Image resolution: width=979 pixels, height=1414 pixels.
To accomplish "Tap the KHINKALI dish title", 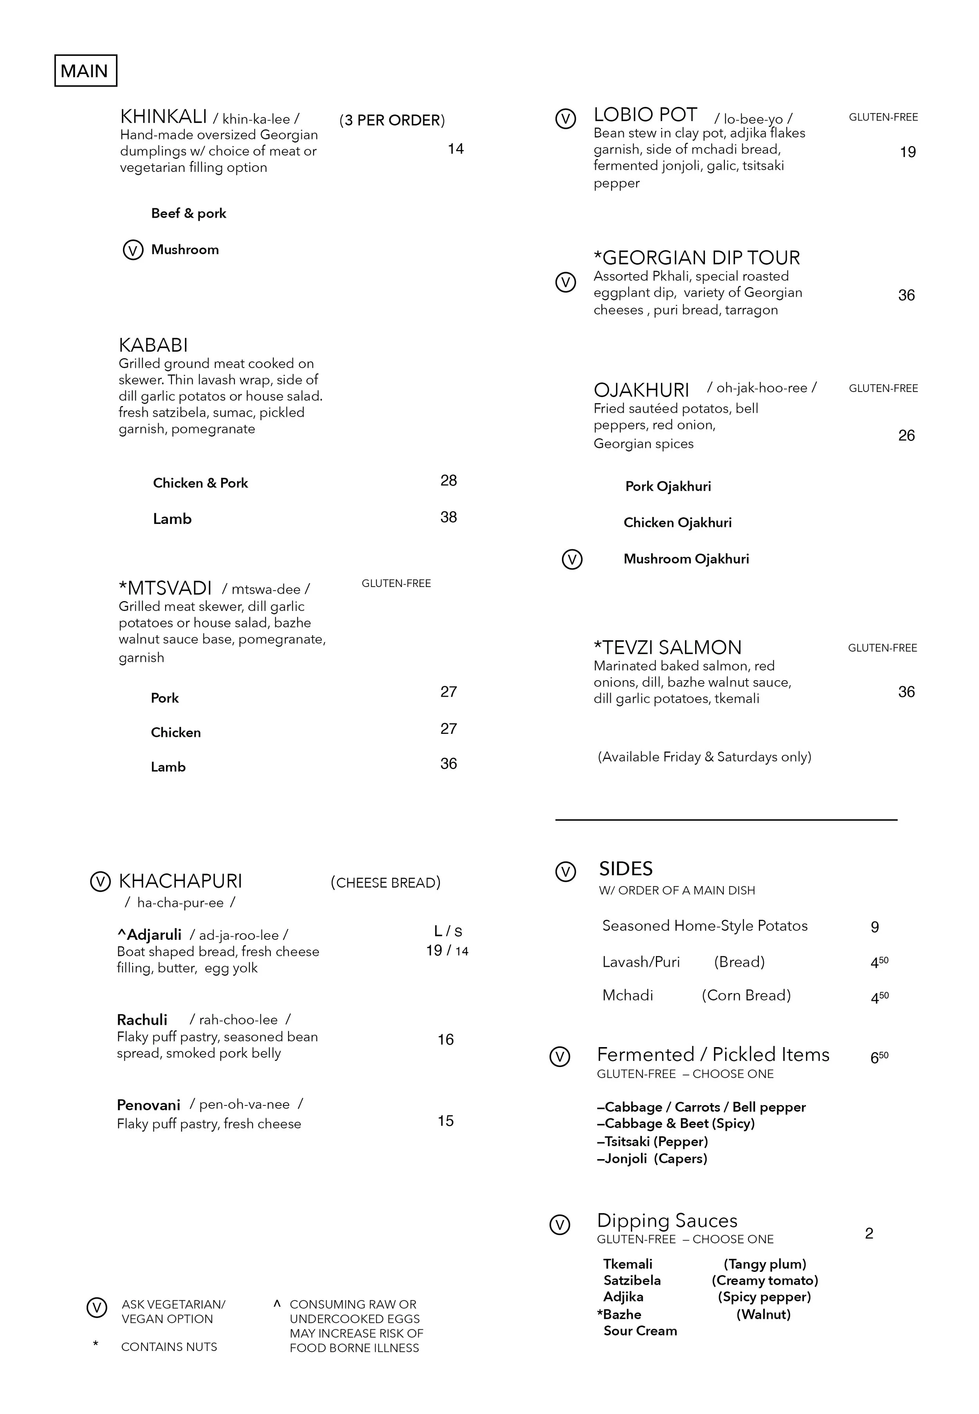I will pos(163,117).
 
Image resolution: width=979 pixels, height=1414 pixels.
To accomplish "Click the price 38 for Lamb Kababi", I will pos(448,517).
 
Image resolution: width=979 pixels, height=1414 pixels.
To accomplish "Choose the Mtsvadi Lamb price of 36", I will pos(448,764).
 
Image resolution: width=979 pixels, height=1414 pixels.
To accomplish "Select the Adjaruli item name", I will pos(150,934).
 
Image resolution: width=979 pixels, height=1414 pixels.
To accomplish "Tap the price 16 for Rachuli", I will pos(445,1039).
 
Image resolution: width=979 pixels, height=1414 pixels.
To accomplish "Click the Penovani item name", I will pos(148,1105).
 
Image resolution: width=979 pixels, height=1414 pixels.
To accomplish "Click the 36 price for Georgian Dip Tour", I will pos(906,296).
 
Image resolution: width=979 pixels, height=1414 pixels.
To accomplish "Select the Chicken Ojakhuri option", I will pos(677,523).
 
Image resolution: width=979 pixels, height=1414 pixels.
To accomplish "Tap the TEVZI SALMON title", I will pos(667,648).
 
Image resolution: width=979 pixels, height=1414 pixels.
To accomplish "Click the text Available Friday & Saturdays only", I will pos(704,757).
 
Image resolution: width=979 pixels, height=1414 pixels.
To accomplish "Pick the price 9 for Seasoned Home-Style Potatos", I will pos(875,927).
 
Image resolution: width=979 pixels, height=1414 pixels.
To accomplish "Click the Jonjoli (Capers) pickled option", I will pos(652,1159).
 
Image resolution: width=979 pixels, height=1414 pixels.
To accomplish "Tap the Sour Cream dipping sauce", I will pos(640,1331).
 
